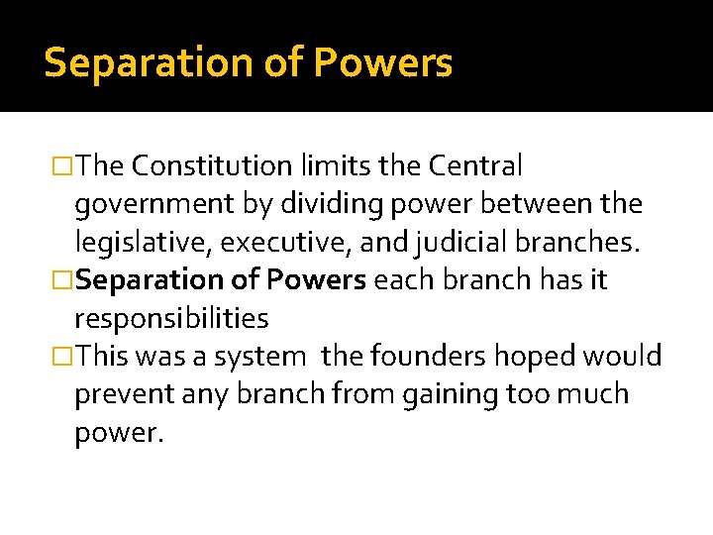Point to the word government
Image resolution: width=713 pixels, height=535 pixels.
pyautogui.click(x=152, y=204)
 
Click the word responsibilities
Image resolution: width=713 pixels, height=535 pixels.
pyautogui.click(x=171, y=318)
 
